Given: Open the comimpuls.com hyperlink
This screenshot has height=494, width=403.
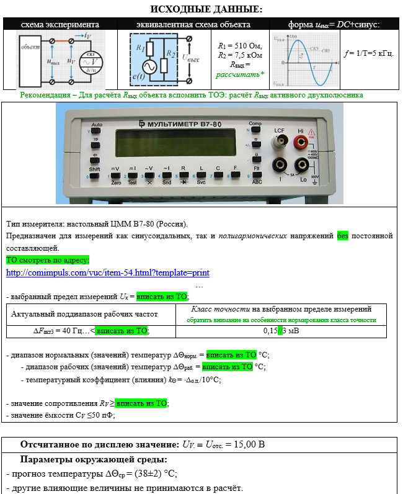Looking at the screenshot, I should coord(108,272).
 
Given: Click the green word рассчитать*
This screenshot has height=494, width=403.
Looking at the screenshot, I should coord(240,74).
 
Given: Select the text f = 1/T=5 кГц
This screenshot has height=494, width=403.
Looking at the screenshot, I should coord(369,53).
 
